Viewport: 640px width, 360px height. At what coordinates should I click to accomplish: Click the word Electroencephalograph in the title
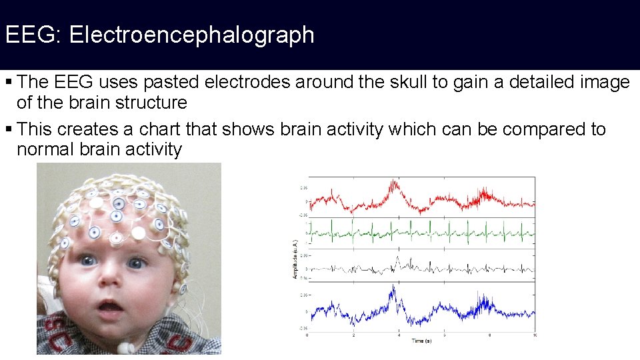[x=191, y=35]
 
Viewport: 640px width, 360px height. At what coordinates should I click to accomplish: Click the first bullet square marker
[x=8, y=83]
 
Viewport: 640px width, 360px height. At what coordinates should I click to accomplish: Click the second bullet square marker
[x=8, y=129]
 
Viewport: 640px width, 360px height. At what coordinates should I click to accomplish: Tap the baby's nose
[x=110, y=283]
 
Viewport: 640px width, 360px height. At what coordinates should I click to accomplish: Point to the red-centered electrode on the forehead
[x=116, y=238]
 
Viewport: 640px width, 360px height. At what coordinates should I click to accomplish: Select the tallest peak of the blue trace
[x=394, y=287]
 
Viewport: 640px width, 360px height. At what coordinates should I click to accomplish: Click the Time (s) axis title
[x=420, y=341]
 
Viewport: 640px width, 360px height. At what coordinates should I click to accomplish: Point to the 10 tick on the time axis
[x=534, y=335]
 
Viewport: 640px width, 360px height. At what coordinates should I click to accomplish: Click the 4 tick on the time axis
[x=398, y=335]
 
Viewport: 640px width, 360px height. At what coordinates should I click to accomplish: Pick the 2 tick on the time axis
[x=353, y=335]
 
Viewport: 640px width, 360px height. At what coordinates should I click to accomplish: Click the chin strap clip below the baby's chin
[x=126, y=348]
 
